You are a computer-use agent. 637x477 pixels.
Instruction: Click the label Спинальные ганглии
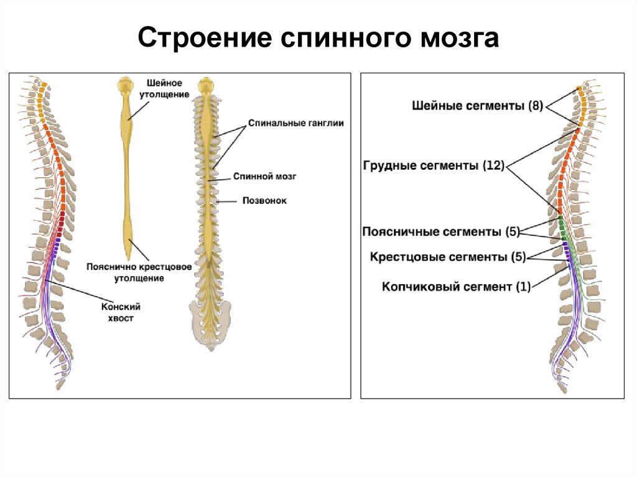click(x=295, y=124)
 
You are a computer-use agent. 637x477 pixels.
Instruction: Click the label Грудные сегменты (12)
click(x=433, y=166)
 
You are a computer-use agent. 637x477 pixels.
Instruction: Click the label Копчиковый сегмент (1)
click(x=456, y=287)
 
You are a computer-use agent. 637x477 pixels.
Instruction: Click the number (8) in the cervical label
click(x=536, y=106)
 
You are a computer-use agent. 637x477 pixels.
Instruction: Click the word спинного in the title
click(x=341, y=38)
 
